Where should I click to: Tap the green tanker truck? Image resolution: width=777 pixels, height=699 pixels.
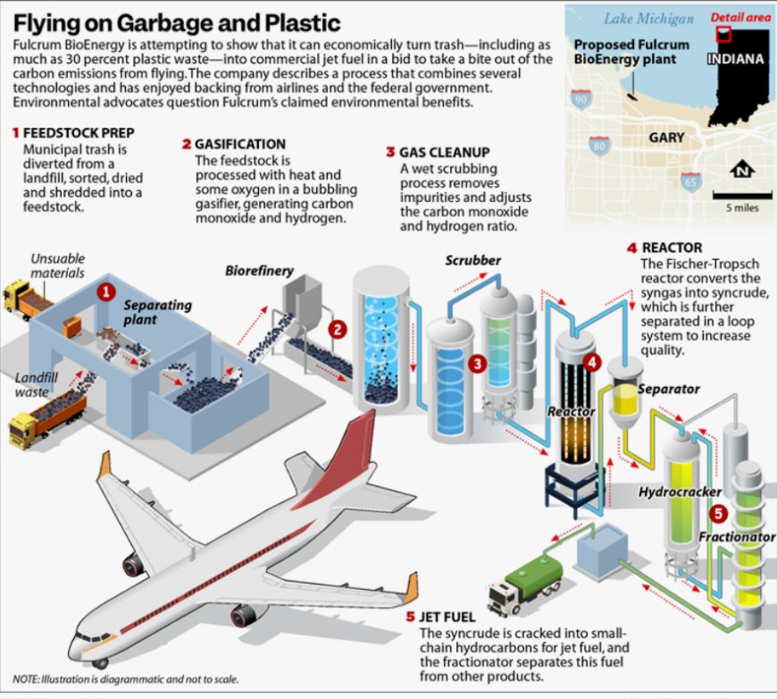coord(526,585)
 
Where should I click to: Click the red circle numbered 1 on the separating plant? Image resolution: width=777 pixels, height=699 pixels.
coord(105,291)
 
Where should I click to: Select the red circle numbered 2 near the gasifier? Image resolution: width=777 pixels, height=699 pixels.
coord(338,330)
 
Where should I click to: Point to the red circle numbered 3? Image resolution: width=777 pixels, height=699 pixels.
coord(477,364)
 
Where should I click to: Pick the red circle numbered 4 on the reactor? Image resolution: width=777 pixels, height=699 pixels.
coord(592,363)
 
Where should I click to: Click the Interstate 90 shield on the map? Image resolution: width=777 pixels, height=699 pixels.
coord(581,99)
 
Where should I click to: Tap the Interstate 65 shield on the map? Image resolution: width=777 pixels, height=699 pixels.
coord(690,182)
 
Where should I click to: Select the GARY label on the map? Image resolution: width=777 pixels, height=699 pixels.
coord(666,138)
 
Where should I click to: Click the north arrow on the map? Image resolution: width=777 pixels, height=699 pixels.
coord(742,170)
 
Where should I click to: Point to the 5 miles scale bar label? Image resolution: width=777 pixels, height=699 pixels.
coord(742,208)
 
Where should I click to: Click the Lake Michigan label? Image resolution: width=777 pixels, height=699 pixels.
coord(648,19)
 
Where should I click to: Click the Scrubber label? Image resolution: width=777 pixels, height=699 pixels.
coord(472,260)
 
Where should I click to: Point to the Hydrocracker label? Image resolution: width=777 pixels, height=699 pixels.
coord(680,492)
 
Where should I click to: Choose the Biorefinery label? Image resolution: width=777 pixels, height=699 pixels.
coord(259,271)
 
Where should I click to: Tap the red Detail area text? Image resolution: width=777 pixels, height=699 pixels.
coord(740,17)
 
